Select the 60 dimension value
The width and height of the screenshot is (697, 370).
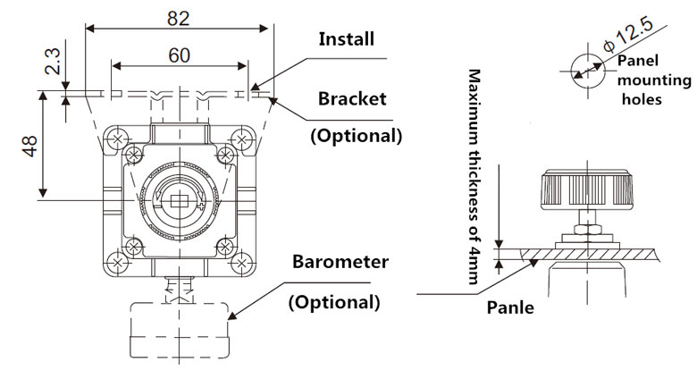click(178, 55)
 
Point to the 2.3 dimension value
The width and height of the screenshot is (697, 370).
click(53, 62)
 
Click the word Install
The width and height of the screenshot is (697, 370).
click(347, 39)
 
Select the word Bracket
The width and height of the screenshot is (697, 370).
click(353, 98)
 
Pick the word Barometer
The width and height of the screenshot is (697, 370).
click(341, 262)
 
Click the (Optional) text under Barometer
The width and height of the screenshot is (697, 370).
click(333, 301)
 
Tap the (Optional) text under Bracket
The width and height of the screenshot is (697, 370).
click(356, 136)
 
